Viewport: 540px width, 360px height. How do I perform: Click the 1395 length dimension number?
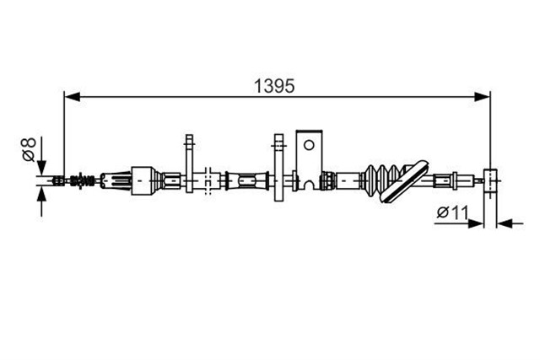tap(274, 86)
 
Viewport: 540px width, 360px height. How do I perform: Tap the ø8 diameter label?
tap(29, 149)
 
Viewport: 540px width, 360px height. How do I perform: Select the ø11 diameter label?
tap(452, 212)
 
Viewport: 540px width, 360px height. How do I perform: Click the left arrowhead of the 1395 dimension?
tap(73, 97)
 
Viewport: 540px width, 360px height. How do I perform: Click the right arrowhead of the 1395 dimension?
tap(482, 97)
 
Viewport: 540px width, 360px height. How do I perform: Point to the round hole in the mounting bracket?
tap(309, 145)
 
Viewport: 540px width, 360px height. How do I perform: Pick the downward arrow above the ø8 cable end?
tap(41, 156)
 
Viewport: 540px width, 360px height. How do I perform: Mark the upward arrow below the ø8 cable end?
tap(41, 202)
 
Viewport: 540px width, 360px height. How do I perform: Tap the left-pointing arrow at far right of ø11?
tap(510, 223)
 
